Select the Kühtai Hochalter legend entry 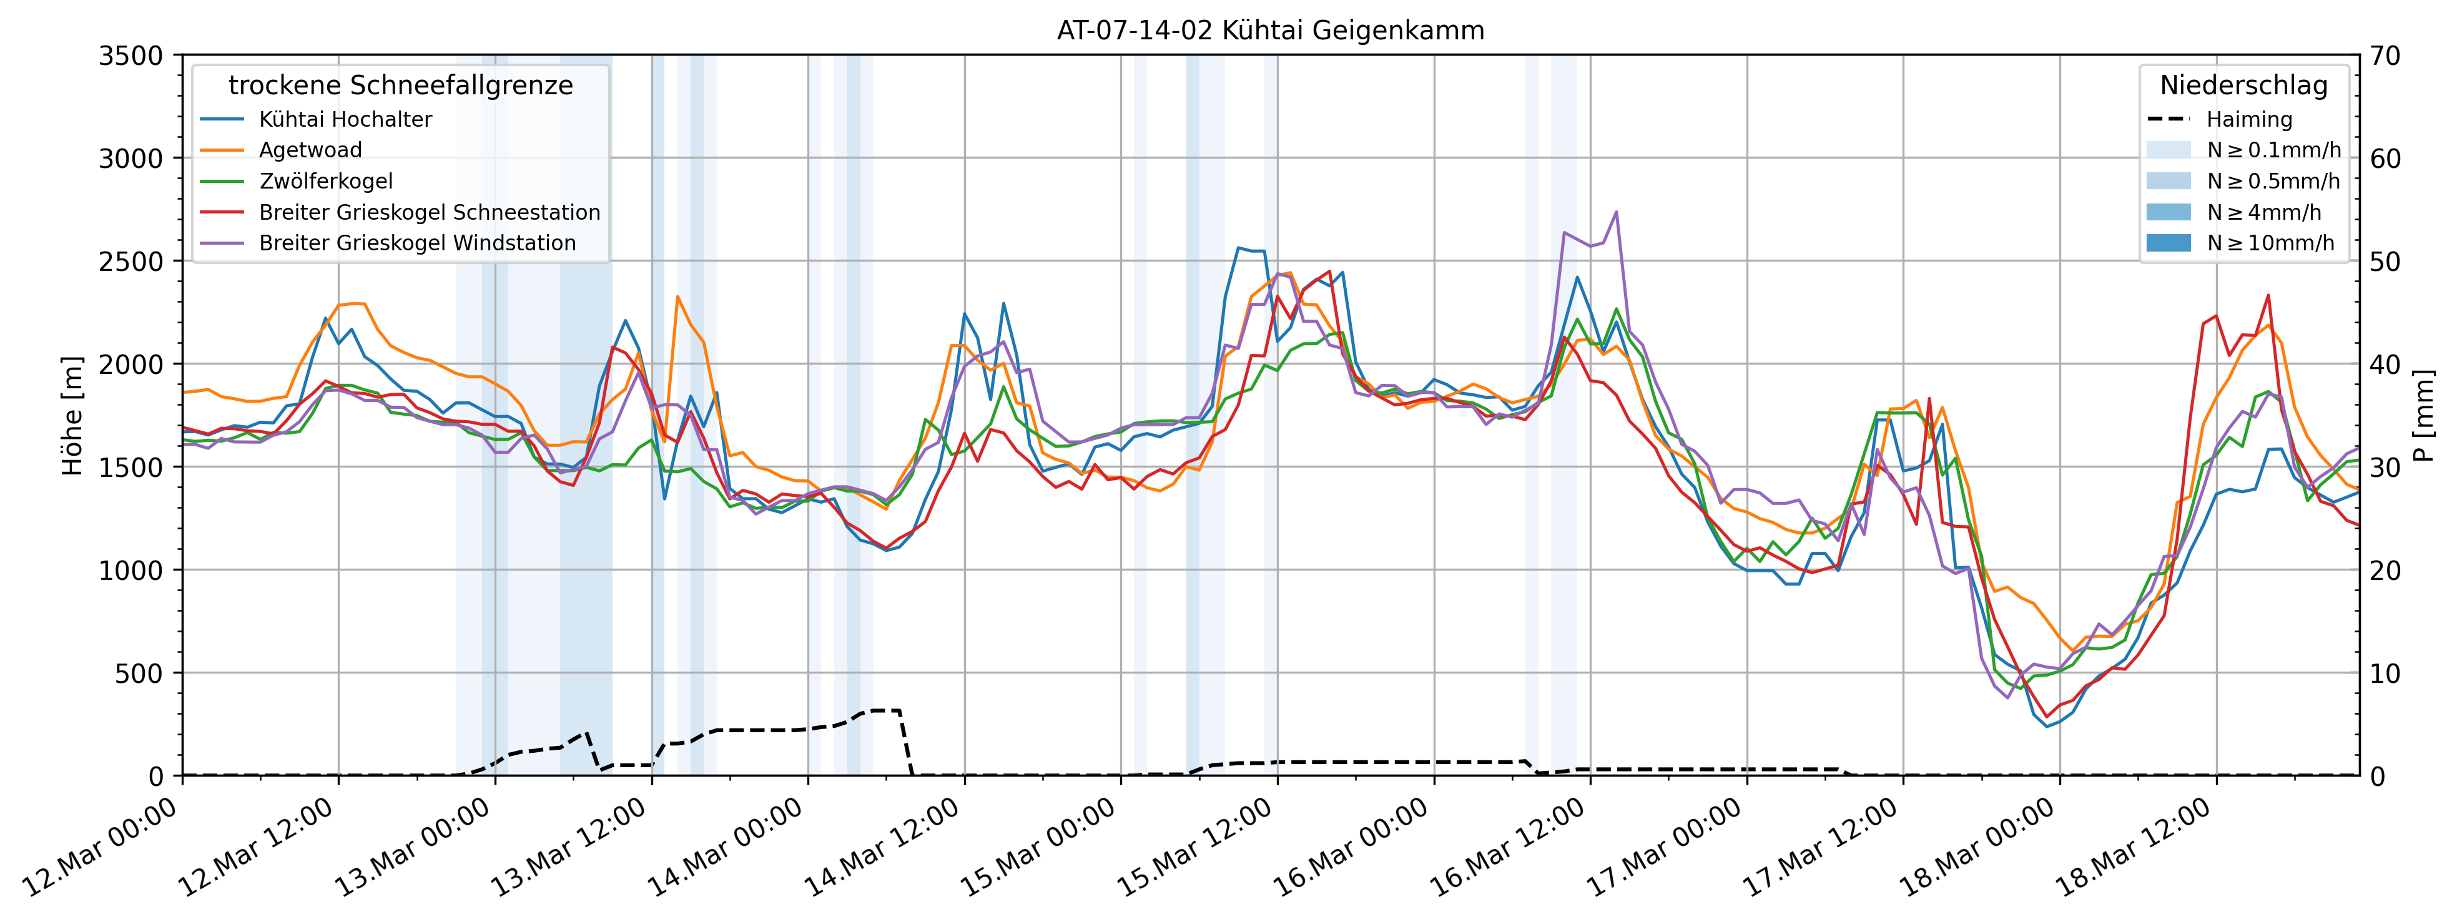click(345, 119)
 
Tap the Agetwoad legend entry click(310, 150)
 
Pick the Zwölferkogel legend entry click(325, 181)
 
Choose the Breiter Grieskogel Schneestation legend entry click(429, 212)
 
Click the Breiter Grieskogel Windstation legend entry click(417, 243)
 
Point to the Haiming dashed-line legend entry click(2248, 119)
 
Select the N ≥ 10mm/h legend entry click(2270, 243)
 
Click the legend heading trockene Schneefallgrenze click(401, 86)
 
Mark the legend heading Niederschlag click(2243, 86)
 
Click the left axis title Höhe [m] click(72, 416)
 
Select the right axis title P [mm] click(2425, 416)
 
